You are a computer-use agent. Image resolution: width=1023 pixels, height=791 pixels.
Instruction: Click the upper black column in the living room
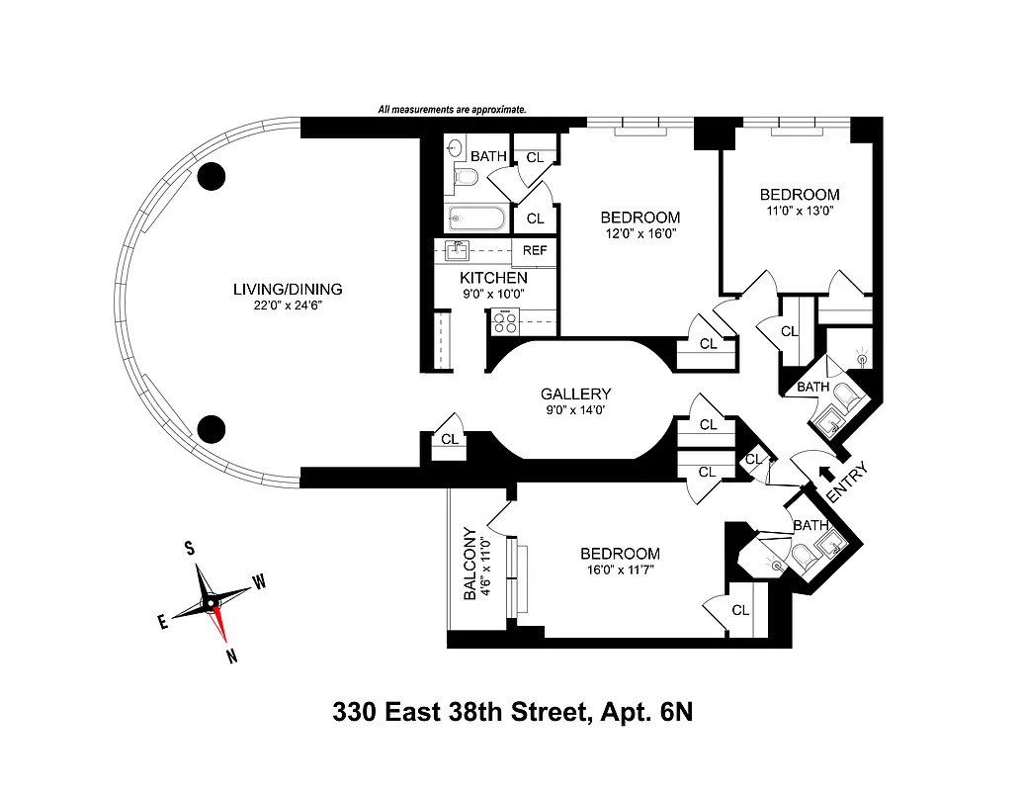211,176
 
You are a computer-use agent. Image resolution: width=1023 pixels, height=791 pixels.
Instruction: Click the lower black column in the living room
211,428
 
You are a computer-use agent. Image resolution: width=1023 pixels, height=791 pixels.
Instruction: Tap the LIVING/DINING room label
287,290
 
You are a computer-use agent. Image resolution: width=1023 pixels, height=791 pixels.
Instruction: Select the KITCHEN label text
493,278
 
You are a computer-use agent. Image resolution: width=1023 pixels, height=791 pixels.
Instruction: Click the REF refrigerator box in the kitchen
535,250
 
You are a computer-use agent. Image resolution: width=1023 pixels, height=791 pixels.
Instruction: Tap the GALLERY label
575,393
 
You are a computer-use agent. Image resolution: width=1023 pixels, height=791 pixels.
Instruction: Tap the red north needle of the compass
221,623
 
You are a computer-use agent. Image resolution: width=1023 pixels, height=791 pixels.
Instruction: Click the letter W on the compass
259,582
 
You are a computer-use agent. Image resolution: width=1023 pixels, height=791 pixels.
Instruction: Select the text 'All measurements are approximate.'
452,110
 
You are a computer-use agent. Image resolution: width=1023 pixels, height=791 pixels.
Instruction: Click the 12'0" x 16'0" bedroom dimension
640,234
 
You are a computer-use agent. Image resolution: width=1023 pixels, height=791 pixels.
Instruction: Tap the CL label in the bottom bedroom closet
741,610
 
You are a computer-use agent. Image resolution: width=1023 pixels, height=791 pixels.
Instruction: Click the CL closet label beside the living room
449,439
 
